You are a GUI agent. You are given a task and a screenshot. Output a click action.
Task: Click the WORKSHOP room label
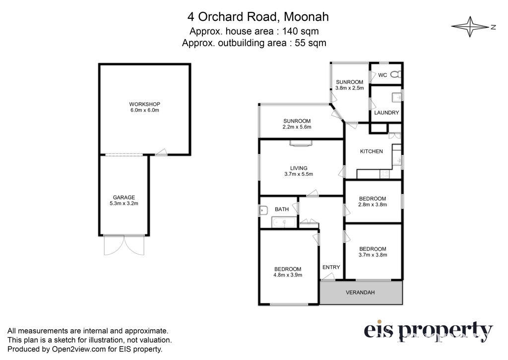144,104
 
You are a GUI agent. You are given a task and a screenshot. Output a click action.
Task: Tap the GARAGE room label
124,197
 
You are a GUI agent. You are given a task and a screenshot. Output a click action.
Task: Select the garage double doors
124,245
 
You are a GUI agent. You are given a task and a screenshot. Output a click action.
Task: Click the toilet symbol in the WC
395,74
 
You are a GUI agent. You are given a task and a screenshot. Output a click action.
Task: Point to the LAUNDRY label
386,113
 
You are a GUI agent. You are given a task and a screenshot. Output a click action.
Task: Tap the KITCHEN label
371,151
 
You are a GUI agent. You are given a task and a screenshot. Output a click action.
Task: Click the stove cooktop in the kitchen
384,174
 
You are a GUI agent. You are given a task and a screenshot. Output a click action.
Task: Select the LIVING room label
298,168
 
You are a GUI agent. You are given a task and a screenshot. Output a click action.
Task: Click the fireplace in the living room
301,143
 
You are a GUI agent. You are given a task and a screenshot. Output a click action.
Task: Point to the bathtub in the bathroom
284,222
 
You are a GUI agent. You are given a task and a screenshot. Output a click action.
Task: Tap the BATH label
282,209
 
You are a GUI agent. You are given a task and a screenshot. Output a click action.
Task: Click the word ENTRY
331,267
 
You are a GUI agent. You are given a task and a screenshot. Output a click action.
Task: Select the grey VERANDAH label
360,292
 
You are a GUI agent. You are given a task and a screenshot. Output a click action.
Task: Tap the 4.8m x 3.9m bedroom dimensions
288,275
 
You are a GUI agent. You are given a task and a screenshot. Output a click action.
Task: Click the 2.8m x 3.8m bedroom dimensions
372,205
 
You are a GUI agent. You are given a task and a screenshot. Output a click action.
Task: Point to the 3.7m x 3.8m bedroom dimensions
373,255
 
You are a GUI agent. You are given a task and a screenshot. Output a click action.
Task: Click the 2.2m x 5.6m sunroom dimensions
297,127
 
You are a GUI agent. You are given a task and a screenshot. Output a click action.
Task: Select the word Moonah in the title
306,17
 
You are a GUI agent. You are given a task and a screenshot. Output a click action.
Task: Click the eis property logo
428,332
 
